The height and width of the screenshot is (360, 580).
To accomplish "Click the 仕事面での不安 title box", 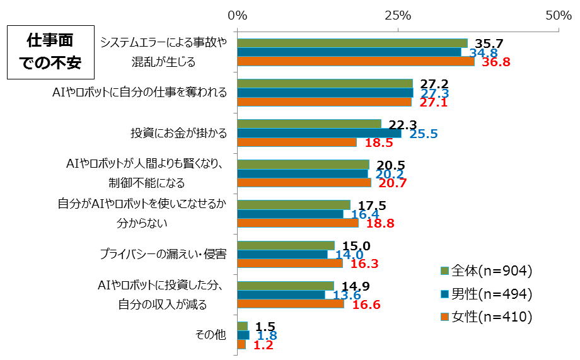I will coord(49,52).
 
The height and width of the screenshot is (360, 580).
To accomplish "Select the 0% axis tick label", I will coord(238,15).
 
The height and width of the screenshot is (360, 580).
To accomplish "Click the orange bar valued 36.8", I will coord(356,61).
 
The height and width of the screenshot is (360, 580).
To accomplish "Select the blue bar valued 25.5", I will coord(319,133).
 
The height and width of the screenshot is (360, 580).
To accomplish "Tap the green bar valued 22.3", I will coord(309,124).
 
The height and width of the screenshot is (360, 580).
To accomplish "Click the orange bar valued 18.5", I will coord(297,142).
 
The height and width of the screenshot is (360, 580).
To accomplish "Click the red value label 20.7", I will coord(392,183).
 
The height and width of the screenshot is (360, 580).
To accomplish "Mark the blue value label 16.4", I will coord(365,214).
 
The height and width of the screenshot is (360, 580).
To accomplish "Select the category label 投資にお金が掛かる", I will coord(178,133).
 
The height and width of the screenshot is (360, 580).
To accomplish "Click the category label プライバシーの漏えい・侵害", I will coord(163,254).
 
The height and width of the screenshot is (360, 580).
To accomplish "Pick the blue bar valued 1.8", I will coord(243,335).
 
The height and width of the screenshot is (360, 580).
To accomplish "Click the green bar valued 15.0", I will coord(286,245).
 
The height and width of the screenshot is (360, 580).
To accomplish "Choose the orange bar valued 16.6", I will coord(291,304).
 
